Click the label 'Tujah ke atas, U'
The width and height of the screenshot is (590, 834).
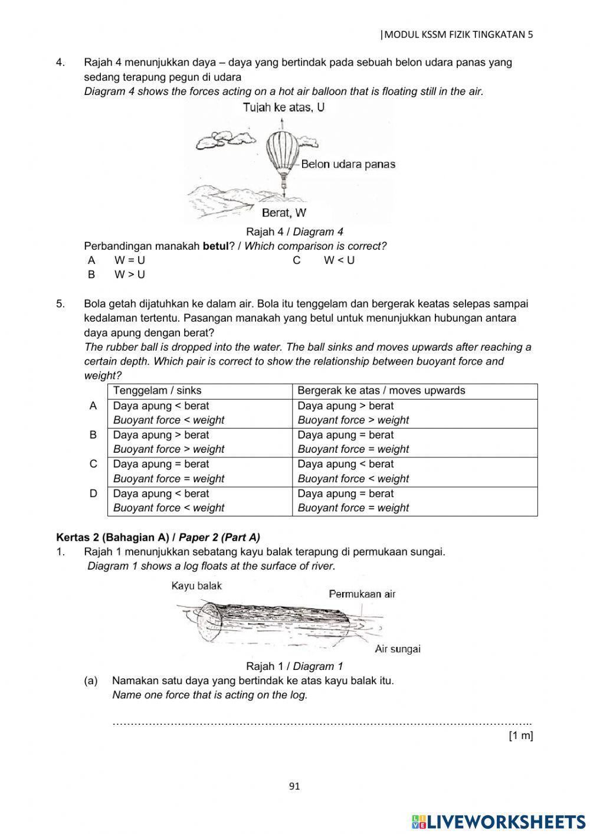tap(283, 107)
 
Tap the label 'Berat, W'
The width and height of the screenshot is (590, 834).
tap(284, 212)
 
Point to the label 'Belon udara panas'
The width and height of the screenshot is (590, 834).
tap(348, 164)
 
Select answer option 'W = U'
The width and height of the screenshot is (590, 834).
tap(129, 260)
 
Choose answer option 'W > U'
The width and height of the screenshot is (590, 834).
tap(129, 274)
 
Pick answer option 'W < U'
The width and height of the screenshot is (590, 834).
tap(339, 260)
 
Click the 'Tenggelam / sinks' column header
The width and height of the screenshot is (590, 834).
tap(157, 391)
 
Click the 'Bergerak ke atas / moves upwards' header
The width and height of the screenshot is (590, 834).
tap(381, 391)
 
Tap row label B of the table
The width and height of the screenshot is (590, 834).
tap(93, 435)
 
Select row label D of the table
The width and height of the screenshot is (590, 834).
tap(93, 493)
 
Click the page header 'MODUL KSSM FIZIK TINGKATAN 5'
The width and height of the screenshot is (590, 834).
tap(457, 34)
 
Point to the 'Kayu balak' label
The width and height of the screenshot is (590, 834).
tap(196, 586)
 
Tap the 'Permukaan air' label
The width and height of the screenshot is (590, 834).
tap(362, 594)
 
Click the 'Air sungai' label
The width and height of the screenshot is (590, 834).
tap(397, 649)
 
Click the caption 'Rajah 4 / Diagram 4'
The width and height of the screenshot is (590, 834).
tap(294, 232)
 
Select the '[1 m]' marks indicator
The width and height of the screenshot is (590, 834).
tap(520, 735)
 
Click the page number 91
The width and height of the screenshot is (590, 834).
tap(295, 786)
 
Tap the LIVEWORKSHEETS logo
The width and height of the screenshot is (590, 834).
tap(499, 821)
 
